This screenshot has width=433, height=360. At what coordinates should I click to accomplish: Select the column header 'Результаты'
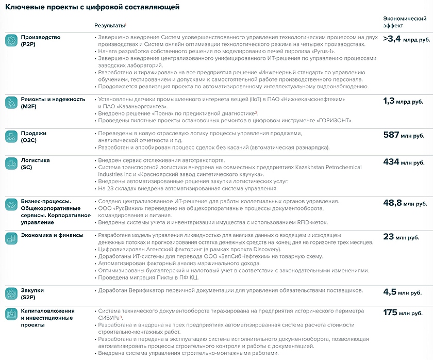110,25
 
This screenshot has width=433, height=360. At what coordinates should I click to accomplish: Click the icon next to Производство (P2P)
11,41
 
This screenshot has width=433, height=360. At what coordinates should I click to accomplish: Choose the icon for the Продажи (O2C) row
11,137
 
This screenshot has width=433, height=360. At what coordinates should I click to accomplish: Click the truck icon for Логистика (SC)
11,163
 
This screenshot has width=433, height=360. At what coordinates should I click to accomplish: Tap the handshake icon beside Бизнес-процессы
11,204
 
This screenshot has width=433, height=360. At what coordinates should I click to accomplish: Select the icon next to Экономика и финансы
11,238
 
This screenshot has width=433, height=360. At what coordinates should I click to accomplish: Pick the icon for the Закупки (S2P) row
11,293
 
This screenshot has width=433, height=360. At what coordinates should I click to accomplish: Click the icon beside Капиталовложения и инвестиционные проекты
11,314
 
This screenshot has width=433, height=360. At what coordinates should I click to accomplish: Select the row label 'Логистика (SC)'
35,163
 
